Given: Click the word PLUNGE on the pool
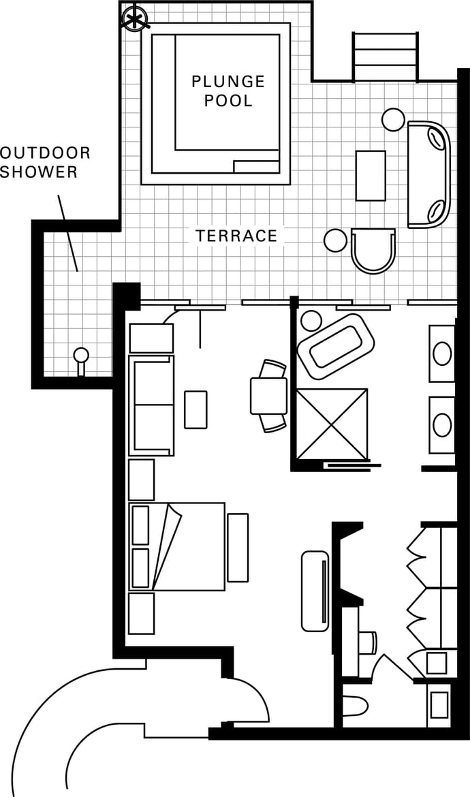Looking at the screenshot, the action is [x=228, y=81].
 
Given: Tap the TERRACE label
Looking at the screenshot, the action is [x=237, y=236].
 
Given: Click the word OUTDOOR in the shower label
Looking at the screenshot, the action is [x=45, y=153].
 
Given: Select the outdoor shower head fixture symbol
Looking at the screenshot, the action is [x=81, y=361].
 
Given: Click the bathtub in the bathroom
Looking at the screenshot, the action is [x=335, y=345].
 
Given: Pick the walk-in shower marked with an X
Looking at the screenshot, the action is [x=332, y=424].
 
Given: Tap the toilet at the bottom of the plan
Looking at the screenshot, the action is [x=354, y=706].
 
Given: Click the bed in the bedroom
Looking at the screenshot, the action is [x=177, y=546].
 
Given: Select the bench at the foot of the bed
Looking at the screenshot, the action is [x=238, y=548].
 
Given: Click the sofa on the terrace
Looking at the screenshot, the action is [x=429, y=174].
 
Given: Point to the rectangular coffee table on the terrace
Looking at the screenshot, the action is [x=371, y=175].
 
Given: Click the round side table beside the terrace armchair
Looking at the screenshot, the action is [x=335, y=240].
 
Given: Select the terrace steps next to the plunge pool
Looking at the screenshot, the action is [x=386, y=57].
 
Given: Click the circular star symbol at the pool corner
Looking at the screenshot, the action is [x=135, y=19].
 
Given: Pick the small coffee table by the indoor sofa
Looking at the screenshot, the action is [x=195, y=409].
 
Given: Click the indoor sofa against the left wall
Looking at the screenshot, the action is [x=152, y=405].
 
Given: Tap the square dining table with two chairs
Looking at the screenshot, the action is [x=269, y=396].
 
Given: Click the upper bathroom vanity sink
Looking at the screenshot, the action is [x=442, y=354].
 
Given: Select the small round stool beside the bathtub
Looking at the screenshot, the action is [x=311, y=321].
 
